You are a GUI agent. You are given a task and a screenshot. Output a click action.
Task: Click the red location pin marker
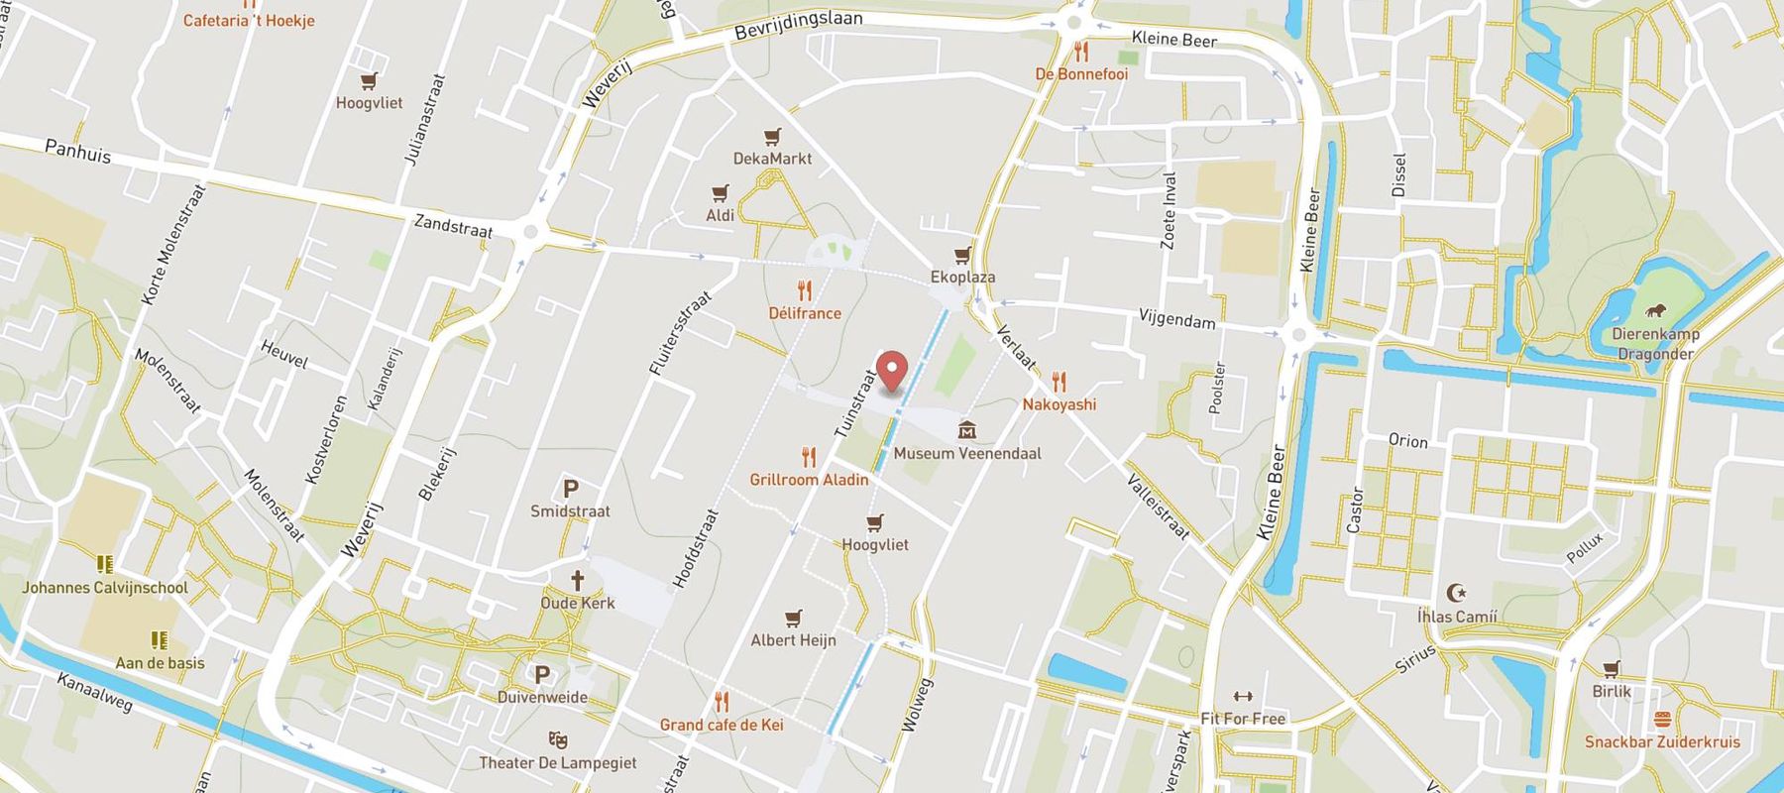tap(893, 371)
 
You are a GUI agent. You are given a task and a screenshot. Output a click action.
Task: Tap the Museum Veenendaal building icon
tap(967, 430)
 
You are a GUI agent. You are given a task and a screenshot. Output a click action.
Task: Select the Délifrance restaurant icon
tap(805, 290)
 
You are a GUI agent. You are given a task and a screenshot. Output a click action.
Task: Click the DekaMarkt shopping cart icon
tap(772, 137)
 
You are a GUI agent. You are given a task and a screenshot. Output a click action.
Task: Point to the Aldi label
tap(721, 215)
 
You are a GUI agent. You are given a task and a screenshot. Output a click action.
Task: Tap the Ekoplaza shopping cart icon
tap(962, 255)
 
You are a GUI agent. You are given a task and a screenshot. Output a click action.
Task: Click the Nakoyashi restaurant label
tap(1059, 404)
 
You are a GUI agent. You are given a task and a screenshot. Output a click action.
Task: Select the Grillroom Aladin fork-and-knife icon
tap(809, 457)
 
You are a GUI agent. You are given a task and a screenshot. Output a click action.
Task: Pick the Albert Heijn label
tap(793, 640)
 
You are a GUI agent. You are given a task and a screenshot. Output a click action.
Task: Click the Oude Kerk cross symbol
tap(577, 580)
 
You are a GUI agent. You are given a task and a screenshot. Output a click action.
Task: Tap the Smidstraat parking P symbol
tap(570, 489)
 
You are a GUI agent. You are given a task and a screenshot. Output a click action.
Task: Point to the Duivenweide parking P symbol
tap(541, 675)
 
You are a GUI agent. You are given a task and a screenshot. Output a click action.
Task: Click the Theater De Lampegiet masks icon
tap(557, 739)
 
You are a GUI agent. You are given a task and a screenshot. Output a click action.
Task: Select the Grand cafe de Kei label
tap(722, 725)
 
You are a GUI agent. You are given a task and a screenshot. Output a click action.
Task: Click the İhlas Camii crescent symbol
tap(1456, 593)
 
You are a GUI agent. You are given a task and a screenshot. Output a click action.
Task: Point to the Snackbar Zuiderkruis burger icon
tap(1662, 719)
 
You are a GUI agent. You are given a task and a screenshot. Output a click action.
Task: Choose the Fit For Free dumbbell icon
tap(1242, 697)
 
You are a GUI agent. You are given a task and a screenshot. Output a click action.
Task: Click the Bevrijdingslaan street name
tap(799, 26)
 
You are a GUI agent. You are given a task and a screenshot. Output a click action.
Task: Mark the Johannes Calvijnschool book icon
tap(105, 564)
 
